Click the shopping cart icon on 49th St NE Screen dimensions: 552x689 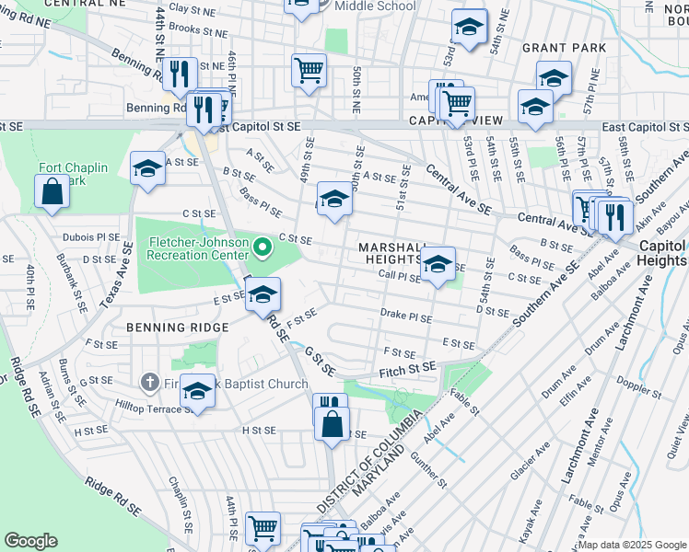(x=309, y=70)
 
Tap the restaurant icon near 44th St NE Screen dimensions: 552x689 (x=180, y=74)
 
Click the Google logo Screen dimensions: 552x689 (x=30, y=540)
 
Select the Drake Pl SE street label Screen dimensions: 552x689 (x=406, y=315)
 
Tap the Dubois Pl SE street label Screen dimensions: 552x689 (x=91, y=236)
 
